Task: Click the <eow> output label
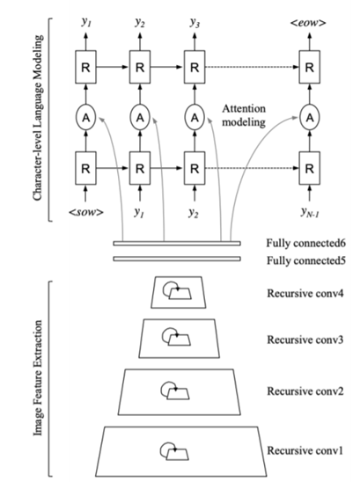pyautogui.click(x=308, y=23)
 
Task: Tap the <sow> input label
pyautogui.click(x=86, y=212)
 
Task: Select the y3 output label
pyautogui.click(x=195, y=23)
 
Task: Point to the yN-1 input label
pyautogui.click(x=310, y=212)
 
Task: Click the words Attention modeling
pyautogui.click(x=244, y=115)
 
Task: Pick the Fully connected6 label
pyautogui.click(x=305, y=243)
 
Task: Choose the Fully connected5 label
pyautogui.click(x=305, y=260)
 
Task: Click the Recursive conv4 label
pyautogui.click(x=305, y=293)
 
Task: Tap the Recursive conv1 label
pyautogui.click(x=305, y=450)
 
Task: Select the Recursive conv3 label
pyautogui.click(x=305, y=340)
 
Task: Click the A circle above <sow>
pyautogui.click(x=86, y=118)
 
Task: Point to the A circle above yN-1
pyautogui.click(x=310, y=118)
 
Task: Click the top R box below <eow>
pyautogui.click(x=310, y=67)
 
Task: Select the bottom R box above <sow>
pyautogui.click(x=86, y=168)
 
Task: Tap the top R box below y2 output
pyautogui.click(x=140, y=67)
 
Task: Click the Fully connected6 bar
pyautogui.click(x=177, y=244)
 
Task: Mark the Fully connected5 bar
pyautogui.click(x=177, y=259)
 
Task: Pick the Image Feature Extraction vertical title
pyautogui.click(x=38, y=378)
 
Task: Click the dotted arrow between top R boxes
pyautogui.click(x=253, y=67)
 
